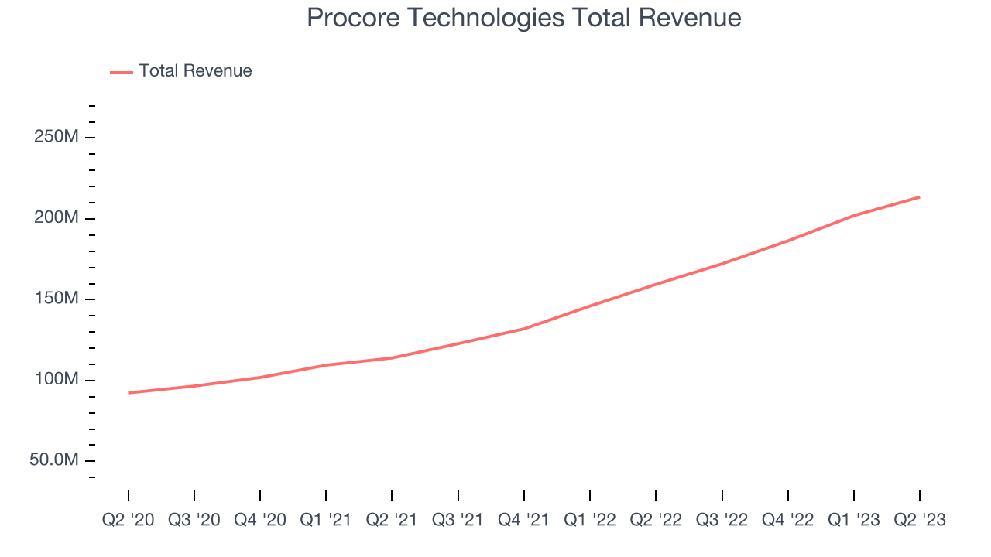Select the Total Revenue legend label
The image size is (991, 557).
[x=195, y=71]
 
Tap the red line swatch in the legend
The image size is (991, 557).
[x=122, y=72]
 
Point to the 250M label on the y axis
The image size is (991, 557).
[x=57, y=137]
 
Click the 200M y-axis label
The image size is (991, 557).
[x=57, y=218]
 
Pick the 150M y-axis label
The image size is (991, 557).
[x=57, y=299]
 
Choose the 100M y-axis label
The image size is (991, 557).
[x=57, y=380]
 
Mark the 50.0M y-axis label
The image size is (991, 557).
[x=54, y=460]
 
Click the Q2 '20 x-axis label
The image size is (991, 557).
[x=129, y=521]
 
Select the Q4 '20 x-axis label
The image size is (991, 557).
[x=260, y=521]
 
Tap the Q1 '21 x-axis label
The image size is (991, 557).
[x=326, y=521]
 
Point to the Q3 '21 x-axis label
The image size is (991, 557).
[x=458, y=521]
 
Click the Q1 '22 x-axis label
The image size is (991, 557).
[x=590, y=521]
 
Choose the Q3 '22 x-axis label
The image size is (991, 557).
[x=722, y=521]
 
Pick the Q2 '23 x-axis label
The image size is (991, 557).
[x=920, y=521]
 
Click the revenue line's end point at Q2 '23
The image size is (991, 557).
[x=920, y=196]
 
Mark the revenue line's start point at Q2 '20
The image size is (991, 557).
[x=129, y=393]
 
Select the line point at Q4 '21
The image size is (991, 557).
[x=524, y=329]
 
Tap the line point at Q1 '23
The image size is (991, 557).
[x=854, y=215]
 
